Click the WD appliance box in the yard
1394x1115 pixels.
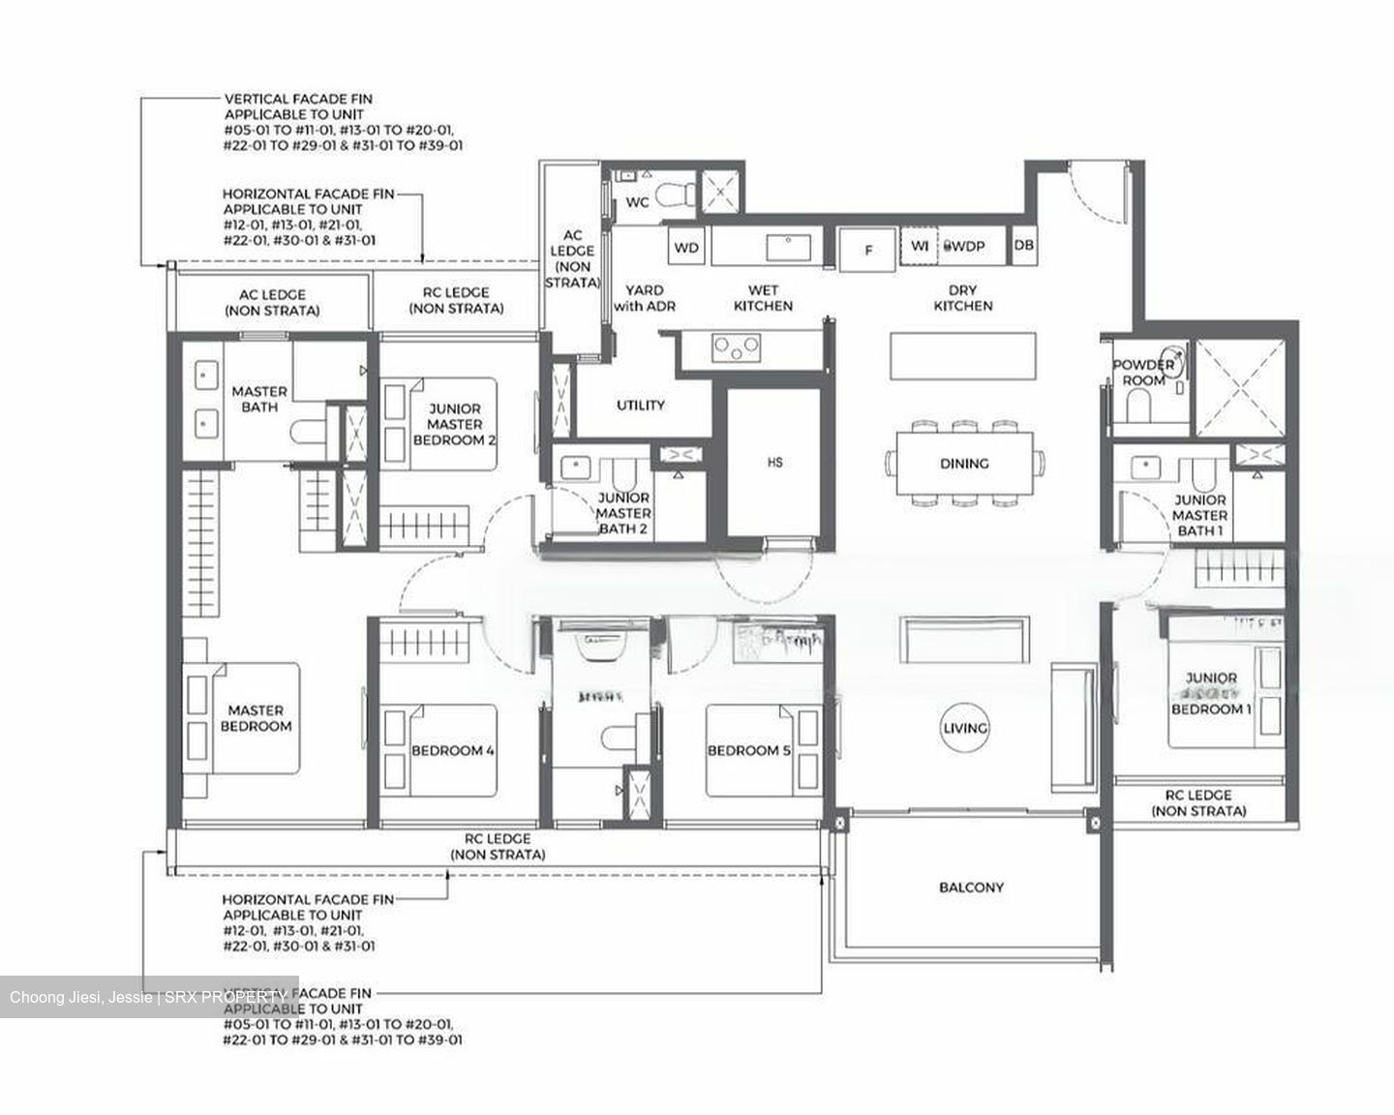coord(686,248)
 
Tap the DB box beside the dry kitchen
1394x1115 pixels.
coord(1023,246)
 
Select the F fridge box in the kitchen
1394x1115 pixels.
coord(868,250)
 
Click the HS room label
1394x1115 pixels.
coord(774,463)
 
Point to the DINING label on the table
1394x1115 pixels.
coord(964,464)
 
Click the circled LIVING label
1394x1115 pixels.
coord(965,728)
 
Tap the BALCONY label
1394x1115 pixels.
coord(971,887)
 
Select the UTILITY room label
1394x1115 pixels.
coord(640,405)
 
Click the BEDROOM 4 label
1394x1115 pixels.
coord(453,750)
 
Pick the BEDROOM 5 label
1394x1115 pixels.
coord(743,750)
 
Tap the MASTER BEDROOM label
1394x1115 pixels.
coord(256,717)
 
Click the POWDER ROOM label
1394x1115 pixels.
coord(1143,373)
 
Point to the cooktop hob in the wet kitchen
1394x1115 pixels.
coord(736,347)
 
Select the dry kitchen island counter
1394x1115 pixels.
coord(963,357)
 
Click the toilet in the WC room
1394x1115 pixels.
coord(674,196)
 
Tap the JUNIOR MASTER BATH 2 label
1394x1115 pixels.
coord(623,513)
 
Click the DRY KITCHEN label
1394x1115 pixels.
coord(962,297)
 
